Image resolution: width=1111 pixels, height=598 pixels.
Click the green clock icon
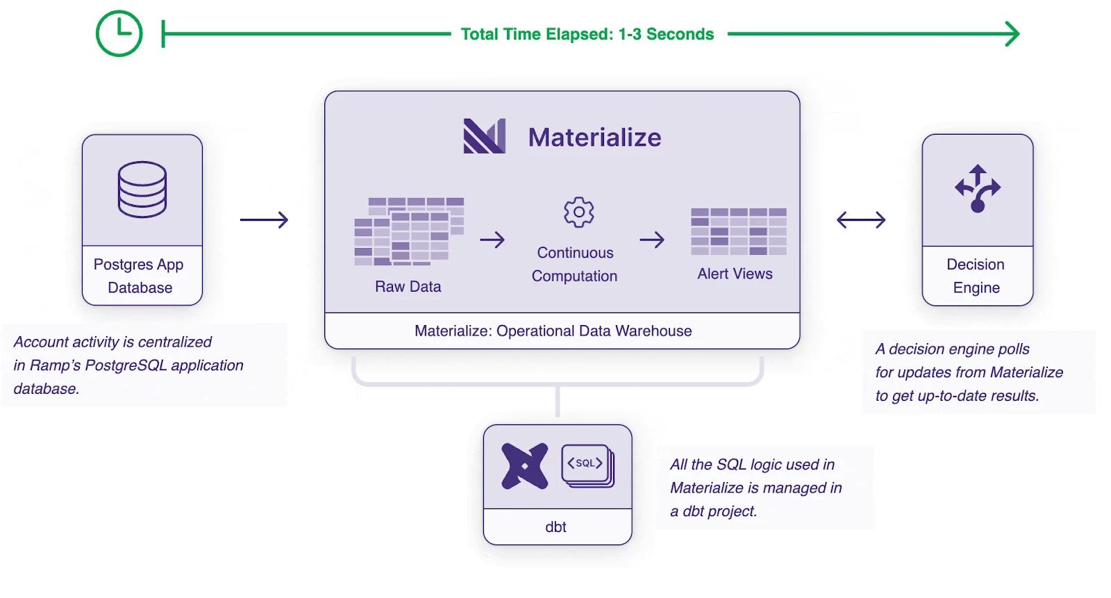click(x=119, y=33)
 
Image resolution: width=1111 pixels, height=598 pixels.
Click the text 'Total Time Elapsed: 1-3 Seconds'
click(x=587, y=34)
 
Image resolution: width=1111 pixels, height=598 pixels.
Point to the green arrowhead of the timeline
click(x=1012, y=34)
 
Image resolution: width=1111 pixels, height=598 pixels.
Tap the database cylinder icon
click(x=142, y=189)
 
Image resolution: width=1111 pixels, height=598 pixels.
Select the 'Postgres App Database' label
click(x=140, y=276)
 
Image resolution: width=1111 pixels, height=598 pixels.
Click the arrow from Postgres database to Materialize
click(x=264, y=220)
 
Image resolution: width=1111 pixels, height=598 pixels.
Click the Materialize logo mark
click(x=485, y=136)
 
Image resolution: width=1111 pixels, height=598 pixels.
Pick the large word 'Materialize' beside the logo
click(x=594, y=137)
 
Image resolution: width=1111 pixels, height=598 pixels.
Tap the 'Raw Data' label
click(x=408, y=286)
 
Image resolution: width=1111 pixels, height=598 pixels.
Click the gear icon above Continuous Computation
click(x=579, y=213)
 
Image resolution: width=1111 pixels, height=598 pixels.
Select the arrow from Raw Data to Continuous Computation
click(x=492, y=240)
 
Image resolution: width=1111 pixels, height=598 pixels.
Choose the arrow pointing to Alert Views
click(x=652, y=240)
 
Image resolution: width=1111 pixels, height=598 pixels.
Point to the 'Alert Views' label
click(x=735, y=274)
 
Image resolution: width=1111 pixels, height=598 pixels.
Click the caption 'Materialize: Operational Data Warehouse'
click(x=553, y=331)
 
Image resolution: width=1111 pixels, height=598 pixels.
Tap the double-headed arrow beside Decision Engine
click(x=861, y=220)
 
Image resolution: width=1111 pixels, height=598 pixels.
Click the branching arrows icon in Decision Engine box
click(x=978, y=189)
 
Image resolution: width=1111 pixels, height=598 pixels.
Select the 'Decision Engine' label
click(x=976, y=276)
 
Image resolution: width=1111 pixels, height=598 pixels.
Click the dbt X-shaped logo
click(x=525, y=466)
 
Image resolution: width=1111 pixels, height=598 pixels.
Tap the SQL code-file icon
click(x=588, y=465)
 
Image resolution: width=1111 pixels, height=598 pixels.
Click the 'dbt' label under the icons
click(x=555, y=526)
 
